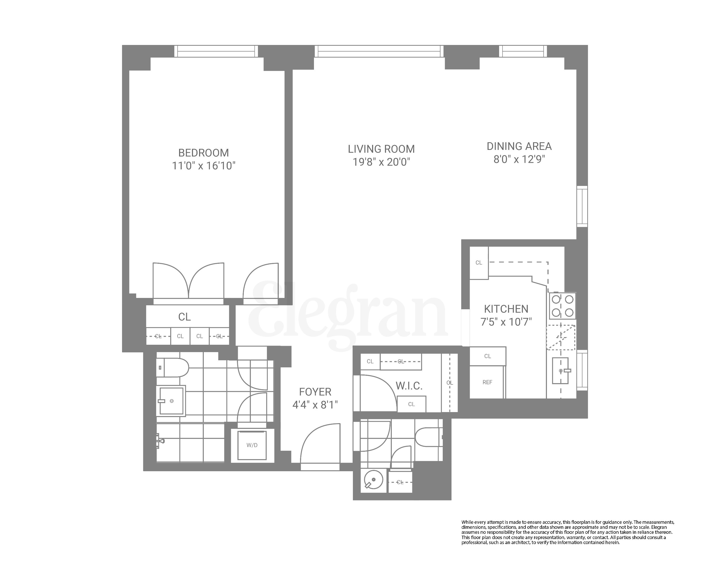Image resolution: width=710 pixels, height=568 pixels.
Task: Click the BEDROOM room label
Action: (x=203, y=153)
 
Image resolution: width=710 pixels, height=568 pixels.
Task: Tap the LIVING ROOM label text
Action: (x=381, y=149)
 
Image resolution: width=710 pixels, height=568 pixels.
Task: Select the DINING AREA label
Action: (x=519, y=146)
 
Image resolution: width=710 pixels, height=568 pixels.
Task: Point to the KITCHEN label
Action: (x=506, y=309)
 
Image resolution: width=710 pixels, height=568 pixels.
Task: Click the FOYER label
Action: (x=315, y=392)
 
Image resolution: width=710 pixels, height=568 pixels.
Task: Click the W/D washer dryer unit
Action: (x=252, y=445)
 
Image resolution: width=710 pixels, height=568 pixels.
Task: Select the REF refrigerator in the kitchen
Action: (x=487, y=382)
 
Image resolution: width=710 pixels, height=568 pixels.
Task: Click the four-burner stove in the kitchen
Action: (x=562, y=306)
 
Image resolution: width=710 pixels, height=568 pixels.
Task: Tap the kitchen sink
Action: (x=560, y=371)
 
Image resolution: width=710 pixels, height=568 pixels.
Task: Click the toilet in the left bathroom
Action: (x=172, y=367)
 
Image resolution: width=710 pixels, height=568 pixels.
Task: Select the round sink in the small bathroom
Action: (x=373, y=480)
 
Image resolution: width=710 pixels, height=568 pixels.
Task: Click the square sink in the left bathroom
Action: (x=171, y=401)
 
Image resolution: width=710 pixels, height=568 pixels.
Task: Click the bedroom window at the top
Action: (x=216, y=51)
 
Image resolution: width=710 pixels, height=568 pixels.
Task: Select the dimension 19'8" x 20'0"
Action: (x=381, y=162)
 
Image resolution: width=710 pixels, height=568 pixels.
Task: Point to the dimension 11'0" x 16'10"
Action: (x=203, y=166)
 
